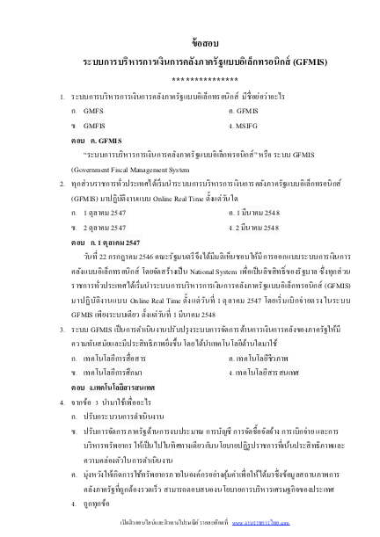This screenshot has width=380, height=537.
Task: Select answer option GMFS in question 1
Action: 92,112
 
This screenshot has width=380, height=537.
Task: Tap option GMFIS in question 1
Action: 93,127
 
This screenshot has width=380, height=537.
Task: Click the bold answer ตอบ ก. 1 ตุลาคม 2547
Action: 109,240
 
